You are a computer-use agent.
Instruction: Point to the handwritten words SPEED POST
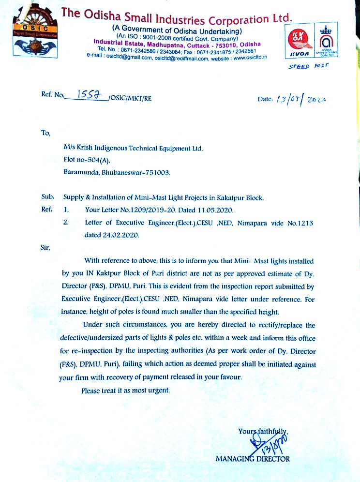[308, 66]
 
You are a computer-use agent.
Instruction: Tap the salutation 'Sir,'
[45, 247]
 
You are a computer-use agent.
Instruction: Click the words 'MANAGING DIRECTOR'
[253, 458]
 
